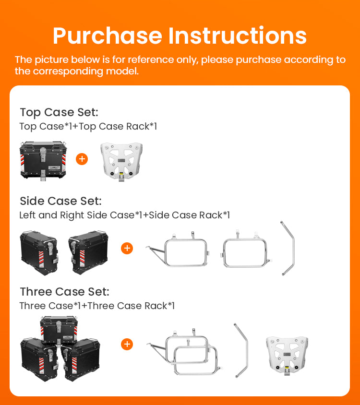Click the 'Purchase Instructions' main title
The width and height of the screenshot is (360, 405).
pos(180,36)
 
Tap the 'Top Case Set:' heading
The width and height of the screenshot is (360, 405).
pos(59,112)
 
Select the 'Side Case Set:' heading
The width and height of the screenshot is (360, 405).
pos(61,201)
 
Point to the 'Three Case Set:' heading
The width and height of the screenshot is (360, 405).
pos(65,292)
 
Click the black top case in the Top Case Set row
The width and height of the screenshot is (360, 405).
pos(43,160)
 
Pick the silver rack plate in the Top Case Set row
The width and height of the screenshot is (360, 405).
pos(121,161)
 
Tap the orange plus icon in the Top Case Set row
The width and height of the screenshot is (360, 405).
pos(82,159)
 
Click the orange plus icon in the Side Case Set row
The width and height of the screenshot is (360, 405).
pos(127,248)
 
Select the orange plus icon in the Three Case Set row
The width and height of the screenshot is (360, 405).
pos(127,345)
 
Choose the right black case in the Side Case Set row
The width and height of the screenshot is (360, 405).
pos(88,252)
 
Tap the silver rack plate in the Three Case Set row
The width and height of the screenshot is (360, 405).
pos(287,356)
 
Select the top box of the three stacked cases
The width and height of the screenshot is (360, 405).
pos(59,331)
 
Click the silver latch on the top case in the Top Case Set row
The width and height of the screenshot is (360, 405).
pos(43,154)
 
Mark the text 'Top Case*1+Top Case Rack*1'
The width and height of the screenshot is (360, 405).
pos(88,126)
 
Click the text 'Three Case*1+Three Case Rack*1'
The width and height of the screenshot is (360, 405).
pos(97,306)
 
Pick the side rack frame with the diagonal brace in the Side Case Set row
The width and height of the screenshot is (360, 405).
pos(178,249)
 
